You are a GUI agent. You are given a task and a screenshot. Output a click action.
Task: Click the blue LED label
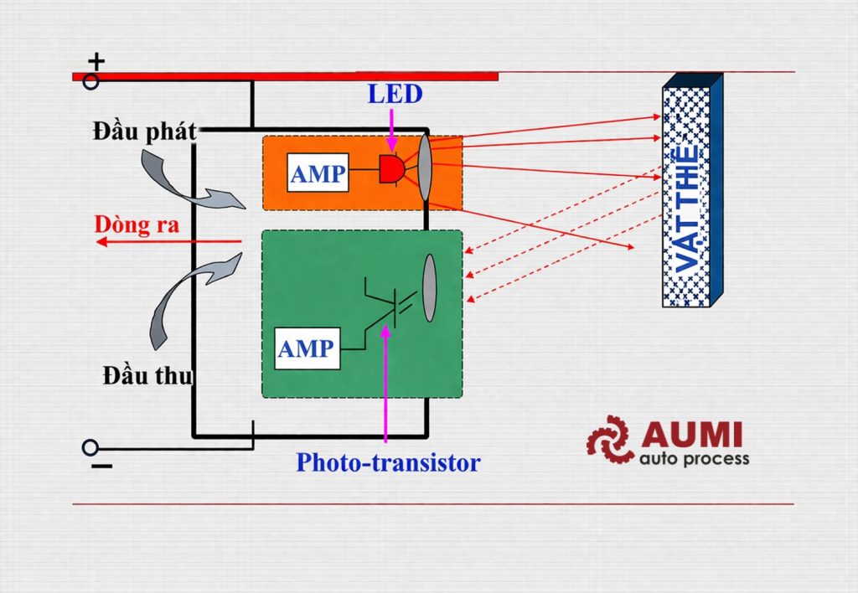coord(395,94)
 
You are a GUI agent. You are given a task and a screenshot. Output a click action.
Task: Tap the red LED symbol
coord(390,170)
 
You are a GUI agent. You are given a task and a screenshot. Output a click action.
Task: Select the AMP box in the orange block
coord(318,173)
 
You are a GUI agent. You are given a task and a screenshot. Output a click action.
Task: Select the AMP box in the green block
coord(308,348)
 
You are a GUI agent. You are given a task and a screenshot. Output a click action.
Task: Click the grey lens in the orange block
coord(425,167)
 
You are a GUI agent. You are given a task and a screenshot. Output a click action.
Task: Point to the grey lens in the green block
coord(429,288)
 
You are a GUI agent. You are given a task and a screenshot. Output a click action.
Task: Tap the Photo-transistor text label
coord(388,462)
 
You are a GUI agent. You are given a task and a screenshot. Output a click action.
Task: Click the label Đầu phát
coord(145,131)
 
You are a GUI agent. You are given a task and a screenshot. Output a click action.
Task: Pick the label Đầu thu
coord(148,376)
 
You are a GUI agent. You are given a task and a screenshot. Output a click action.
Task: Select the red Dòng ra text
coord(136,225)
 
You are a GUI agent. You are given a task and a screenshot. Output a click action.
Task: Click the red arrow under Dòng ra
coord(168,242)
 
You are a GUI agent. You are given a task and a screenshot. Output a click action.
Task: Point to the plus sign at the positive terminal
coord(97,61)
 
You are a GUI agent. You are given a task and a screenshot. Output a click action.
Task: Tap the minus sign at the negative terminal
coord(101,466)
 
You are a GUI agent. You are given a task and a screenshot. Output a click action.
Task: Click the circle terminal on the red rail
coord(90,81)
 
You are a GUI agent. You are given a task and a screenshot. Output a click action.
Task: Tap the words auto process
coord(694,459)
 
